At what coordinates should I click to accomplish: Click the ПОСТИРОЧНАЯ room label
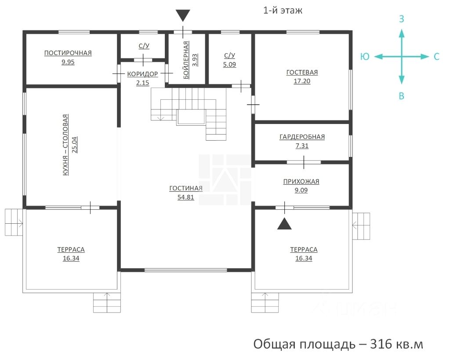tap(68, 53)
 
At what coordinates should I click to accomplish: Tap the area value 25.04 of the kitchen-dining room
tap(74, 145)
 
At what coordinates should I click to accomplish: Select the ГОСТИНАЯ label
tap(186, 188)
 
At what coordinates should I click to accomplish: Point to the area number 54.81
tap(186, 197)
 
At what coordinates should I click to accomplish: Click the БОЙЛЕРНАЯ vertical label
tap(186, 60)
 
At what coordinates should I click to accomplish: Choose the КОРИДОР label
tap(143, 74)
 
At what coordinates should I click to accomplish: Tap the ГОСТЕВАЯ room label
tap(302, 73)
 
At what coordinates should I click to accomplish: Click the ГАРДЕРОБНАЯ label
tap(302, 137)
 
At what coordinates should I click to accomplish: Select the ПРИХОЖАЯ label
tap(301, 182)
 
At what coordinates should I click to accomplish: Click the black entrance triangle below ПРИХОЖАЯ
tap(284, 224)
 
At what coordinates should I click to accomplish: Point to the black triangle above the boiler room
tap(183, 15)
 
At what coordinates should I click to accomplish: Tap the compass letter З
tap(402, 19)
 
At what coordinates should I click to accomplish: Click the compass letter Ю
tap(365, 57)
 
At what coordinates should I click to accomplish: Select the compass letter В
tap(402, 96)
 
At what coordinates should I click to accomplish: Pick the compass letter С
tap(436, 57)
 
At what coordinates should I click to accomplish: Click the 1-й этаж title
tap(283, 11)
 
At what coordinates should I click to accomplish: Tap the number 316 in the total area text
tap(381, 344)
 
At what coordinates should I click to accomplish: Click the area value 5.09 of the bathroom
tap(229, 64)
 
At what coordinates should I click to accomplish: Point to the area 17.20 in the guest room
tap(302, 81)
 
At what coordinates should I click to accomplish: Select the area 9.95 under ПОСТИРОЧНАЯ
tap(68, 62)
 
